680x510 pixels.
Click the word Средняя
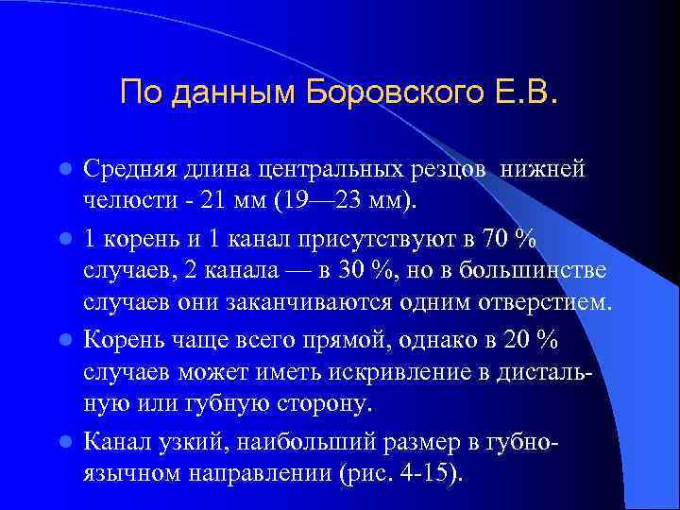coord(127,169)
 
